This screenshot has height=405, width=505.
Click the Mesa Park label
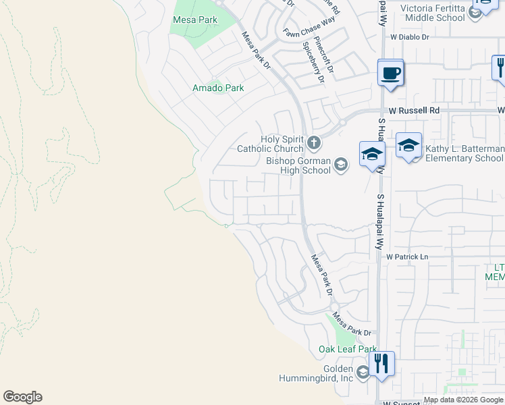pos(195,20)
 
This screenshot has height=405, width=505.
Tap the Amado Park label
pos(218,88)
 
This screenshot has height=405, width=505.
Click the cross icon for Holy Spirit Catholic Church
pos(313,142)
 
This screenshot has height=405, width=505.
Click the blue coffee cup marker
pos(390,72)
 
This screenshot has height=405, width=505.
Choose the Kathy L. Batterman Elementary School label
pos(464,153)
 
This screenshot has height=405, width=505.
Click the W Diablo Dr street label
pos(409,38)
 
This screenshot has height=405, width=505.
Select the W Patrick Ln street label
pos(407,257)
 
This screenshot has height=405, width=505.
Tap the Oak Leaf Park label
pos(347,349)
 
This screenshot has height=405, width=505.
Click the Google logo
pos(22,397)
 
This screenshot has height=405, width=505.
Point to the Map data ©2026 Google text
pos(463,400)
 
